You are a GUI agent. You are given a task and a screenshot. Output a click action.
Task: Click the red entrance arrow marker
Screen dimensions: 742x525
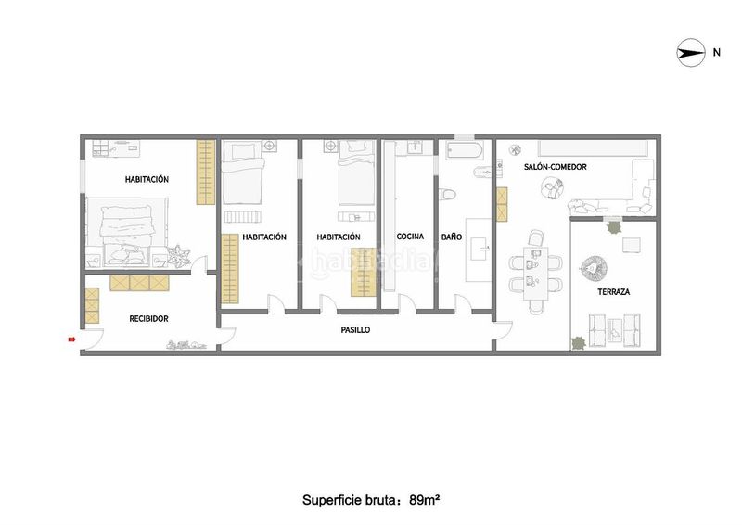72,339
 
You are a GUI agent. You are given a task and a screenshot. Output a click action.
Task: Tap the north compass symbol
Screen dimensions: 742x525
691,52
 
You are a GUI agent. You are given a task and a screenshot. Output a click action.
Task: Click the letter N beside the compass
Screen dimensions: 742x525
716,52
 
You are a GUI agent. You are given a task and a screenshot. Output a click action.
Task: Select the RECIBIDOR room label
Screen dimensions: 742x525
148,318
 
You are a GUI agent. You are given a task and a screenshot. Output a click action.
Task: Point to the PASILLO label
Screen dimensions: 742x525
355,330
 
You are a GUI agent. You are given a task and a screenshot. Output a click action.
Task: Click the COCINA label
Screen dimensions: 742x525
410,237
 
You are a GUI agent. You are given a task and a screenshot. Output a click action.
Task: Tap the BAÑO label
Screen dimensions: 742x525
452,237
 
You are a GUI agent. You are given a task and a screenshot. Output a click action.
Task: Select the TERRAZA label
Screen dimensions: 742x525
613,291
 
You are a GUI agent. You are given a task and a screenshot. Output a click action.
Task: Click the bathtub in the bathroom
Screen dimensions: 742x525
465,150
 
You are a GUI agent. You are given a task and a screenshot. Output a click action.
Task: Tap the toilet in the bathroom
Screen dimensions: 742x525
447,194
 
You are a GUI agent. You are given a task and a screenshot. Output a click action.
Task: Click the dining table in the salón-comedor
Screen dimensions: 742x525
536,273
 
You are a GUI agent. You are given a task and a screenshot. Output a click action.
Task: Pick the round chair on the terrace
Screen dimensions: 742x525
594,270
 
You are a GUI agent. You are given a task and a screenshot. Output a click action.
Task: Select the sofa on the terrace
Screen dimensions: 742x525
614,330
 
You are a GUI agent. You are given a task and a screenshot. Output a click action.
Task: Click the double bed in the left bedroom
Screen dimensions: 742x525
127,231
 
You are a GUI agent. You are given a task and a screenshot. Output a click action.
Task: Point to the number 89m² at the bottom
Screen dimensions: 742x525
425,499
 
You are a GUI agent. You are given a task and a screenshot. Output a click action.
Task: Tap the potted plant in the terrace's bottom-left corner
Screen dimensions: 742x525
578,343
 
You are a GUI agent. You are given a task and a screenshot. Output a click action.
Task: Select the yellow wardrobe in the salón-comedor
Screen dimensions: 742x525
501,204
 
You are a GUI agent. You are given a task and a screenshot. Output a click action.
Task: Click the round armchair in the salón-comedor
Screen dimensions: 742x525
553,188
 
